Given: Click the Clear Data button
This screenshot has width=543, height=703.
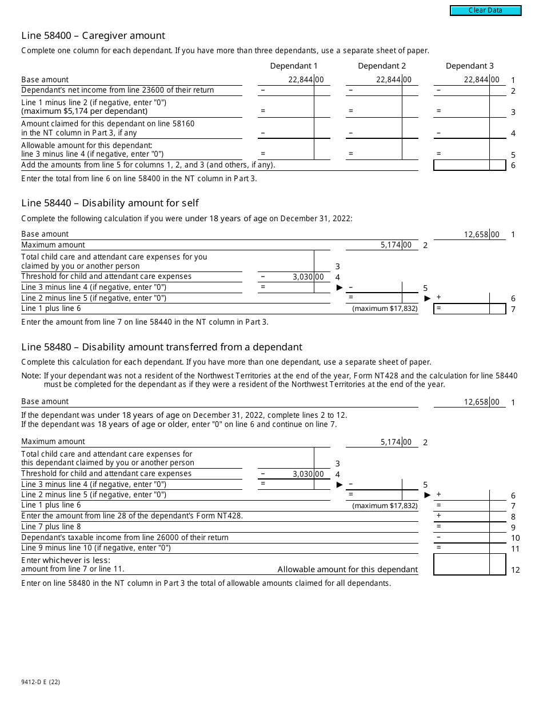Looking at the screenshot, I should pos(485,10).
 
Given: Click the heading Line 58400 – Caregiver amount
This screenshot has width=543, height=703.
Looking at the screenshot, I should pos(93,35).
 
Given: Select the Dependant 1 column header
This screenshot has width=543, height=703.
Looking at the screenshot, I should pos(294,66).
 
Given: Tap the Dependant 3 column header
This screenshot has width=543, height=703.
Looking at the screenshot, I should pos(469,66).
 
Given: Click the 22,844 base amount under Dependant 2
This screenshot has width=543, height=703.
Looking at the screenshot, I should pos(389,80).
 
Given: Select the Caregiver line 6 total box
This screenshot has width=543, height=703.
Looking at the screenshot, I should pos(469,165).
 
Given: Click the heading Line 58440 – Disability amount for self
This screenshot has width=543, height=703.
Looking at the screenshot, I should pos(110,203).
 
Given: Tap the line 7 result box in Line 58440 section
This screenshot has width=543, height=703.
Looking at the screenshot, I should pos(469,309).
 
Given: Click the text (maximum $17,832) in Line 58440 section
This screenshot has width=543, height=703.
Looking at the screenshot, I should pos(385,309).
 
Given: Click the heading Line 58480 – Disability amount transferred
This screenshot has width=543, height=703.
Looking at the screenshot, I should pos(162,347).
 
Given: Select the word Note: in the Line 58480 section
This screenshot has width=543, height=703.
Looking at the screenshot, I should pos(31,376).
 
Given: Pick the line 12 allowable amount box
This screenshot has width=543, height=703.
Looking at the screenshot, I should pos(469,565).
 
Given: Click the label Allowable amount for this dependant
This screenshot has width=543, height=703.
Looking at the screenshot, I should pos(348,569).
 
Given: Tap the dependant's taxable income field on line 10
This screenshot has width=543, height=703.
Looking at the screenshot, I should pos(469,538).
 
